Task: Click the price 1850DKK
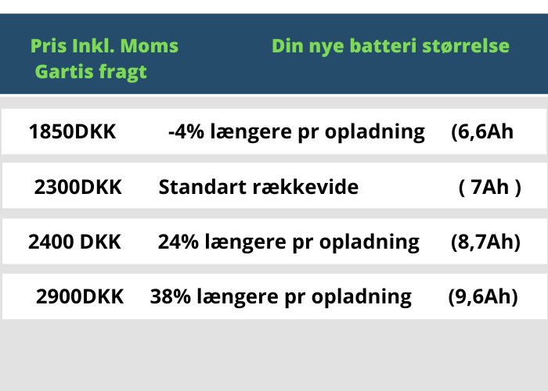[x=72, y=131]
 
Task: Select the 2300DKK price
[x=78, y=187]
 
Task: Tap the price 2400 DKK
[x=74, y=242]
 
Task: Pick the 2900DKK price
[x=80, y=296]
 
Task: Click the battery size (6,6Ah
[x=482, y=132]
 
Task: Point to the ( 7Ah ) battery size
[x=489, y=187]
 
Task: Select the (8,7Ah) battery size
[x=485, y=242]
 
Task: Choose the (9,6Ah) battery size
[x=483, y=296]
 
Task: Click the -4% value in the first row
[x=186, y=131]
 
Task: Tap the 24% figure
[x=178, y=242]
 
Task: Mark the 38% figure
[x=171, y=296]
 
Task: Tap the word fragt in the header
[x=123, y=73]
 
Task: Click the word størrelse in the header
[x=466, y=45]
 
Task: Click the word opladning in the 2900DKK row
[x=362, y=297]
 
